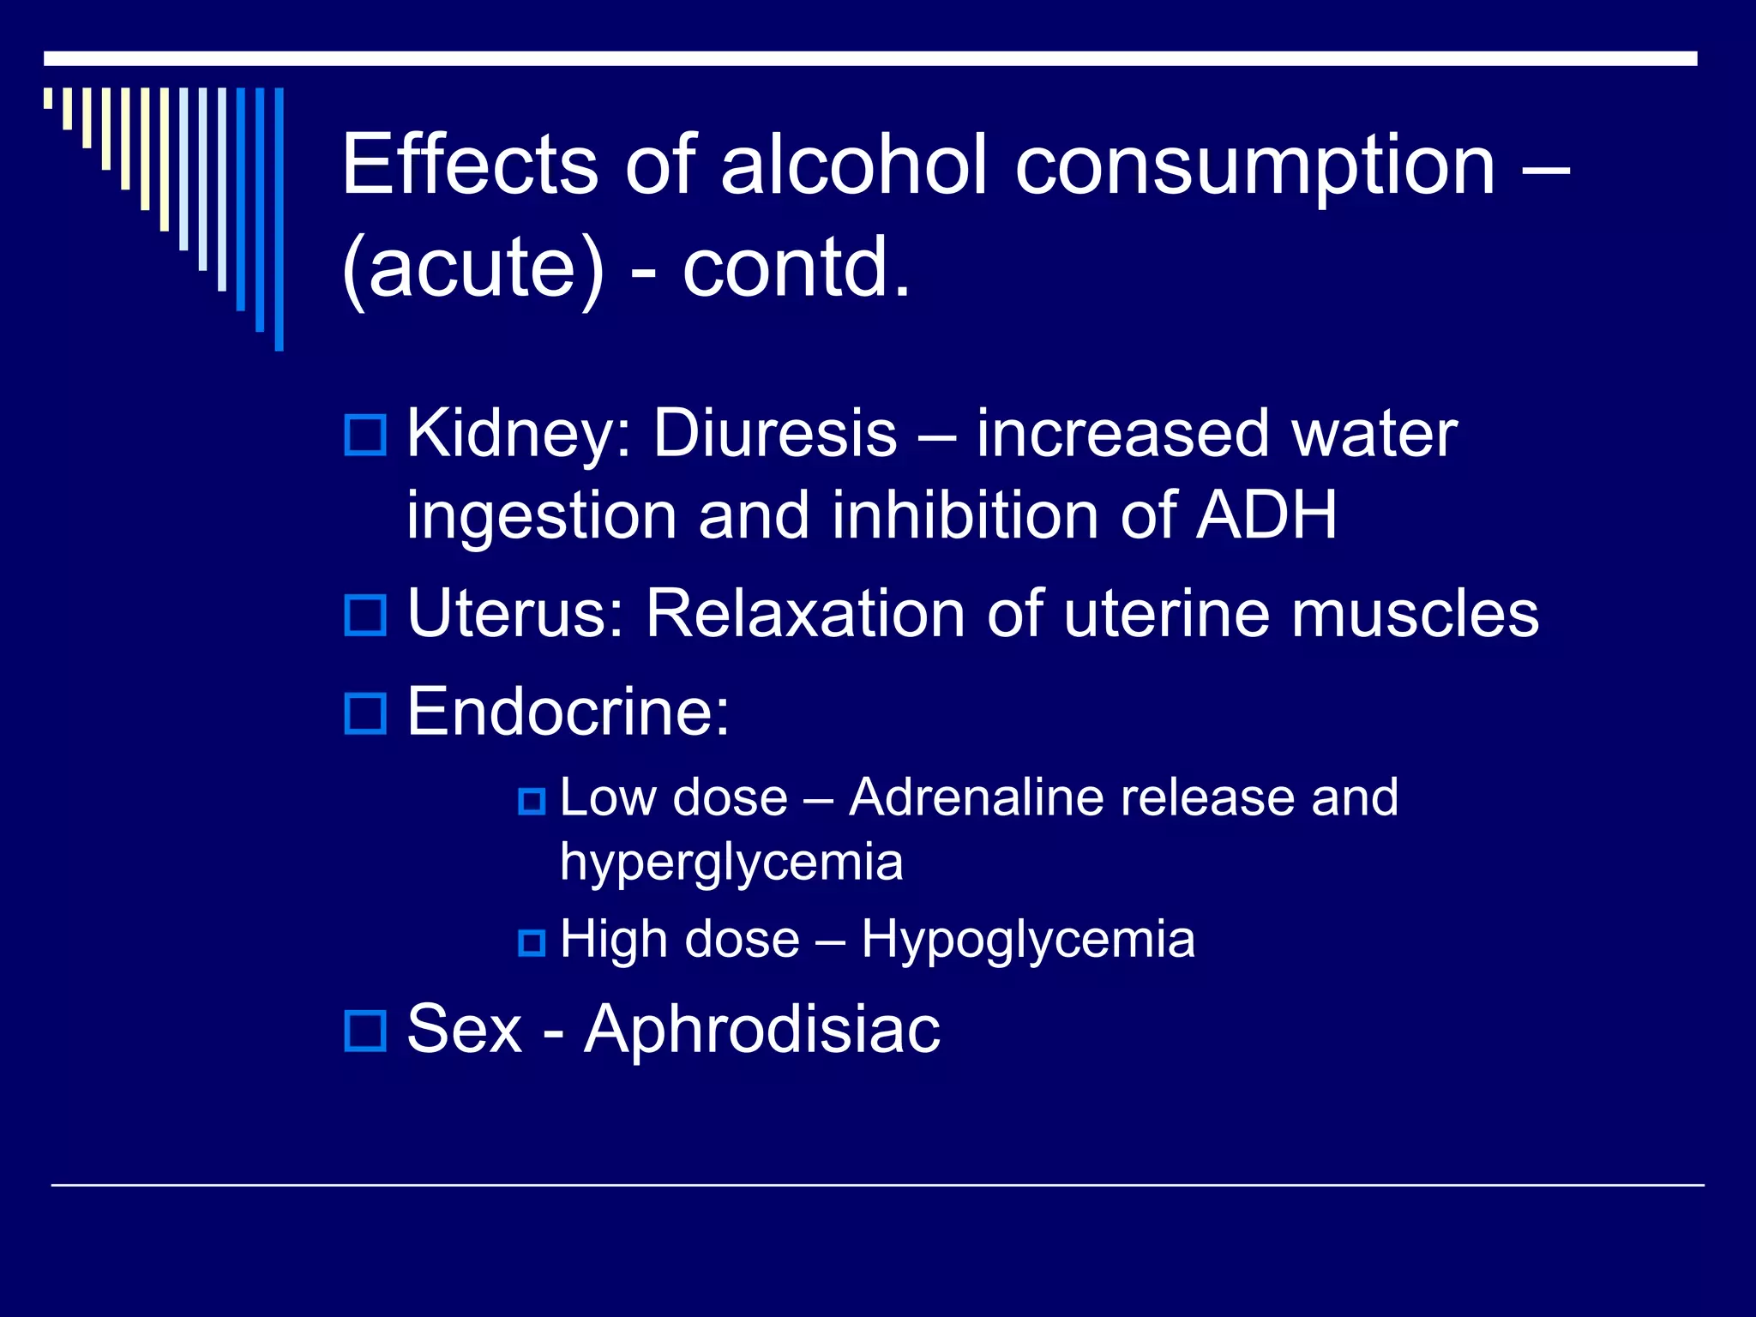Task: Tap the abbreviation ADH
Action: pyautogui.click(x=1266, y=516)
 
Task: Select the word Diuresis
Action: pyautogui.click(x=775, y=433)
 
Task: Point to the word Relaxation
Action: pyautogui.click(x=805, y=614)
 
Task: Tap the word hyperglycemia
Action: pyautogui.click(x=731, y=862)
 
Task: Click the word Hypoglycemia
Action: pyautogui.click(x=1028, y=939)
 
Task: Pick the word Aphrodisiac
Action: pyautogui.click(x=762, y=1029)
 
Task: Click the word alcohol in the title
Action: pyautogui.click(x=854, y=165)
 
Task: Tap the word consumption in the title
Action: pyautogui.click(x=1255, y=165)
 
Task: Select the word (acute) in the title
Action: pyautogui.click(x=473, y=268)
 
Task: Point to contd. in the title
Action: pyautogui.click(x=797, y=268)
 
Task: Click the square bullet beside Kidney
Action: pyautogui.click(x=365, y=435)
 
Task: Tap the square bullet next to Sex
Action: pyautogui.click(x=365, y=1030)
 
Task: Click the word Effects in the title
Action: pyautogui.click(x=470, y=165)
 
